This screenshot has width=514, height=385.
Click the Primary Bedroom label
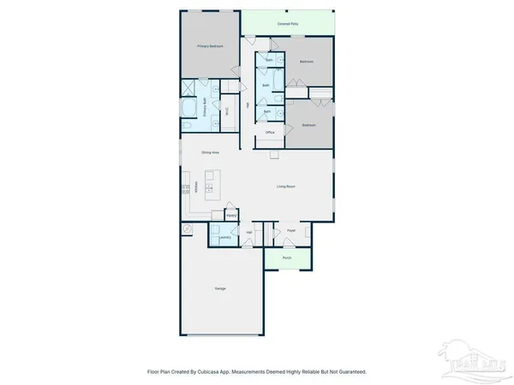(x=210, y=45)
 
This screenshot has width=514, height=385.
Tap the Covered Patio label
(x=288, y=23)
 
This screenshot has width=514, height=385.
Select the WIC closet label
(x=226, y=110)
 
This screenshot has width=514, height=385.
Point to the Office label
(x=270, y=133)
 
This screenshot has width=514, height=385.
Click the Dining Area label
(x=210, y=152)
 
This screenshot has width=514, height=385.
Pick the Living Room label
(x=285, y=186)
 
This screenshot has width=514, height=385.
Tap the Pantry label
(x=231, y=216)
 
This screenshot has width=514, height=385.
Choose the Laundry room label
(x=224, y=238)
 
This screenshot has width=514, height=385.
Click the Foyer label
(x=291, y=231)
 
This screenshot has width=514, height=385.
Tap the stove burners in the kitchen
(x=185, y=195)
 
